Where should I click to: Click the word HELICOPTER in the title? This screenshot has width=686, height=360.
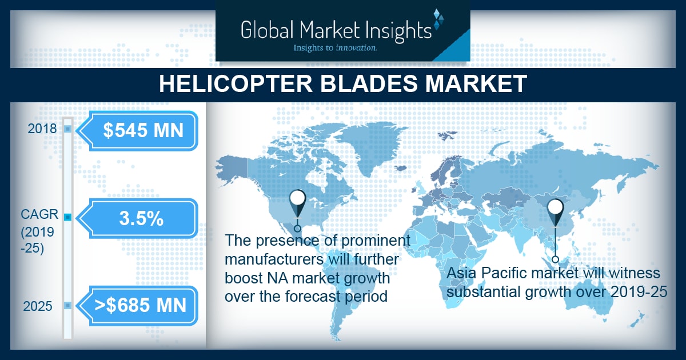click(236, 83)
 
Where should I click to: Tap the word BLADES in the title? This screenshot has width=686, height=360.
click(368, 83)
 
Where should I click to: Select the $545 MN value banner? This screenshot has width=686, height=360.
click(137, 131)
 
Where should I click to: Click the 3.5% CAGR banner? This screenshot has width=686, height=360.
click(137, 218)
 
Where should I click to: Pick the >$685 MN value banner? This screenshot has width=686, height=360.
click(137, 306)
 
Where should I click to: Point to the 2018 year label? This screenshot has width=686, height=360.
click(42, 129)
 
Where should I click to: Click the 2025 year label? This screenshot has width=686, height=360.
click(38, 306)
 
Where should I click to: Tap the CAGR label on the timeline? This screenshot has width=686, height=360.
click(39, 214)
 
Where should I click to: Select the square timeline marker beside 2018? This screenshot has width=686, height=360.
click(67, 129)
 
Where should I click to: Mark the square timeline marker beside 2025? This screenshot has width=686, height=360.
click(67, 306)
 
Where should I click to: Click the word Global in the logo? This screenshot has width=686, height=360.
click(267, 30)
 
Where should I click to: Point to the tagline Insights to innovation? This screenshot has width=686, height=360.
click(335, 48)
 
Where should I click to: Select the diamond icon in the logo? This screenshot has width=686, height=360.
click(438, 18)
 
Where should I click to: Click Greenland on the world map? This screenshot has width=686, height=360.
click(365, 147)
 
